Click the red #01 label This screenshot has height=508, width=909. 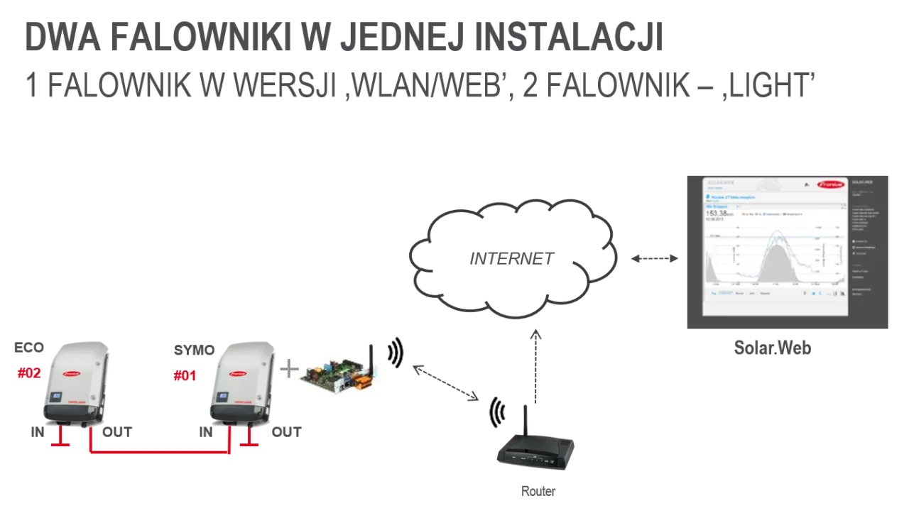point(185,377)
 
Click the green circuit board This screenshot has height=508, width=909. point(334,377)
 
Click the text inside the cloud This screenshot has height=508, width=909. point(509,260)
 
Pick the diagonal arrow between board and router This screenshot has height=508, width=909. point(446,383)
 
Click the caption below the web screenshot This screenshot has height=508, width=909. point(772,348)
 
